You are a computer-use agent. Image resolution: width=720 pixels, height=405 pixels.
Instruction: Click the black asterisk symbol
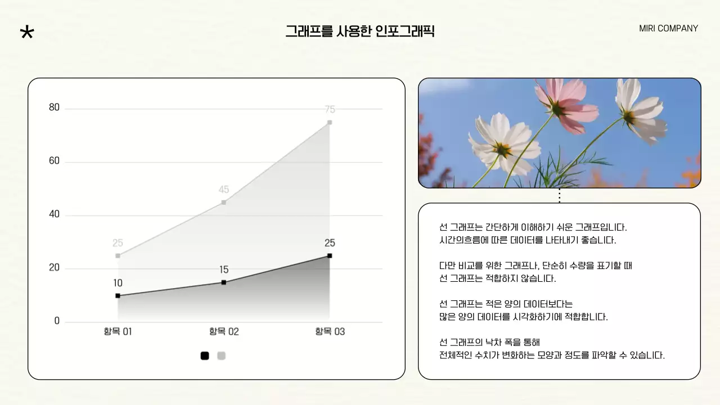(26, 32)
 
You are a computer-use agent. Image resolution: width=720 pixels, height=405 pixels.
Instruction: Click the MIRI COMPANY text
(668, 29)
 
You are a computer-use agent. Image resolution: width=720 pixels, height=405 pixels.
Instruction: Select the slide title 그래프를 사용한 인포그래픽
(360, 31)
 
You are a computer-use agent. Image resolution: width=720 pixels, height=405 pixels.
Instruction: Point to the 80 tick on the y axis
(54, 107)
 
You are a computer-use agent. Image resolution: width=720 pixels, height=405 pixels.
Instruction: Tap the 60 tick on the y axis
(54, 161)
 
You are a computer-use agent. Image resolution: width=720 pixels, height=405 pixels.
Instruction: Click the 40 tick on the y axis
(54, 214)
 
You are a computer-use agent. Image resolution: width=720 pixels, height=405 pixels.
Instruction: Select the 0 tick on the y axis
(57, 321)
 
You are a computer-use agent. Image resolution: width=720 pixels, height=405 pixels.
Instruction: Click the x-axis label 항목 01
(118, 332)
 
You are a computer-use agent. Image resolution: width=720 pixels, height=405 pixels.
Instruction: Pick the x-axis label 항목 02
(224, 332)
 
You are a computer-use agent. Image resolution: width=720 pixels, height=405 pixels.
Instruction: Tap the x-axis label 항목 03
(330, 332)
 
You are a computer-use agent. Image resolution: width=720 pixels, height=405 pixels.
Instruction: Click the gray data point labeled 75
(330, 122)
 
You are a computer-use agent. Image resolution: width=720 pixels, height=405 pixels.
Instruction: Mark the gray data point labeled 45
(224, 202)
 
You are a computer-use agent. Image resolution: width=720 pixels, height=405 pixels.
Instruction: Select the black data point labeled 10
(118, 296)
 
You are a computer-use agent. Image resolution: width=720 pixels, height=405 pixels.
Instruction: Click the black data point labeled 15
(224, 282)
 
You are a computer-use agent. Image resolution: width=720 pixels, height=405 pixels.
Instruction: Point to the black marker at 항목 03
(330, 256)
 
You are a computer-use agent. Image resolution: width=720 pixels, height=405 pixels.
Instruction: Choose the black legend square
(205, 355)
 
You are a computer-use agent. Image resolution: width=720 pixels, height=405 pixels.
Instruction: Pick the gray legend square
(222, 355)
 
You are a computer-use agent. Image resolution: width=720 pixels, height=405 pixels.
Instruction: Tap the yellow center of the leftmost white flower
(502, 149)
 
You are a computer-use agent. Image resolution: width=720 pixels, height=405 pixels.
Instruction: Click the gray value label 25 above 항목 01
(118, 243)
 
